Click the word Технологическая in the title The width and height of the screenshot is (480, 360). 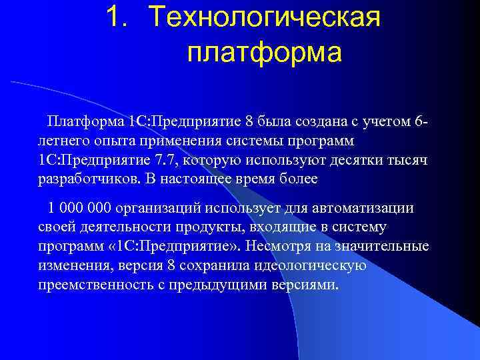point(265,17)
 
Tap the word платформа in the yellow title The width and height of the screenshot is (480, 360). point(264,53)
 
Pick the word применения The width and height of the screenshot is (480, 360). point(184,142)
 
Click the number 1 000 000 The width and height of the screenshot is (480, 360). point(79,209)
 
